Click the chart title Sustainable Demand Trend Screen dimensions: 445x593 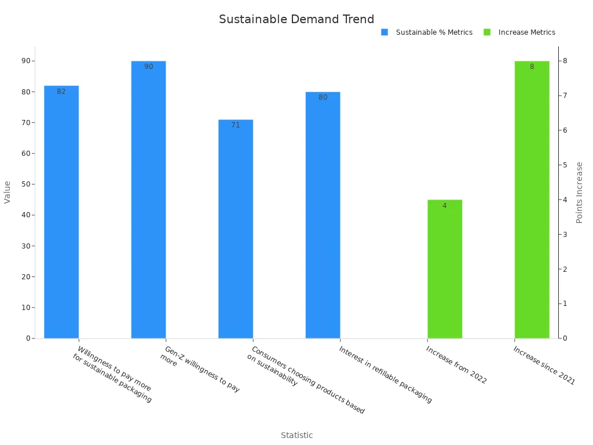click(296, 19)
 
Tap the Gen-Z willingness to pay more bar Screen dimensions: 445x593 click(148, 199)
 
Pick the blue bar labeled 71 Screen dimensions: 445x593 click(236, 229)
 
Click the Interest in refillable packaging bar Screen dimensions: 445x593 click(323, 215)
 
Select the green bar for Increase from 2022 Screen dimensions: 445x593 click(445, 269)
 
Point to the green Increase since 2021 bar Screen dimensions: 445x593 click(532, 199)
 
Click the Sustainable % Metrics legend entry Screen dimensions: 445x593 click(427, 32)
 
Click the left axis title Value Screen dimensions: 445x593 click(8, 192)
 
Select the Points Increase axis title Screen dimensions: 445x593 click(579, 192)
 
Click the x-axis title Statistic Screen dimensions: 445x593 click(296, 435)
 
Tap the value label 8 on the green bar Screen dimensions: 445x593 click(532, 67)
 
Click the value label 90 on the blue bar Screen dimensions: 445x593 click(149, 67)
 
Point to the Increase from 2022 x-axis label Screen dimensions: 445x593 click(456, 365)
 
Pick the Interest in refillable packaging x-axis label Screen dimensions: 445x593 click(386, 375)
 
